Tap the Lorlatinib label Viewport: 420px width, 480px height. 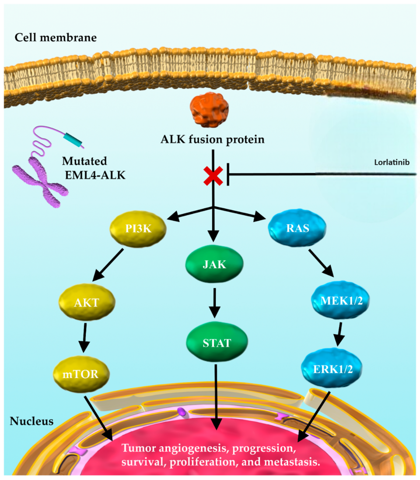[x=396, y=162]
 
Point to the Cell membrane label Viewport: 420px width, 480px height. [x=56, y=37]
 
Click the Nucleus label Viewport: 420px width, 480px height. [x=31, y=422]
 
